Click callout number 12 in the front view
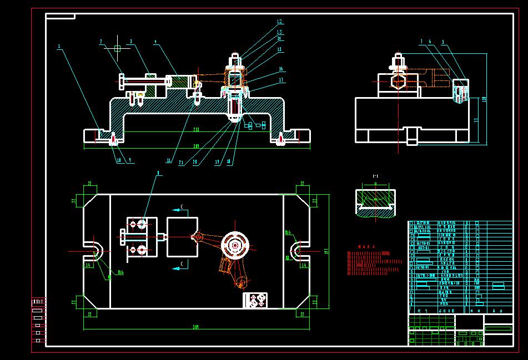[x=280, y=22]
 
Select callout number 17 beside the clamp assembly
[x=282, y=80]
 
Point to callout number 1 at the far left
[x=59, y=47]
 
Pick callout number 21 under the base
[x=182, y=163]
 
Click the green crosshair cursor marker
[x=117, y=49]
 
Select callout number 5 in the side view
[x=442, y=42]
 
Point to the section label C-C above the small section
[x=375, y=176]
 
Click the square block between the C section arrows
[x=182, y=237]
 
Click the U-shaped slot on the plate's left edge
[x=94, y=251]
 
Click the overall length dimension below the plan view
[x=195, y=327]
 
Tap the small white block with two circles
[x=255, y=300]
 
